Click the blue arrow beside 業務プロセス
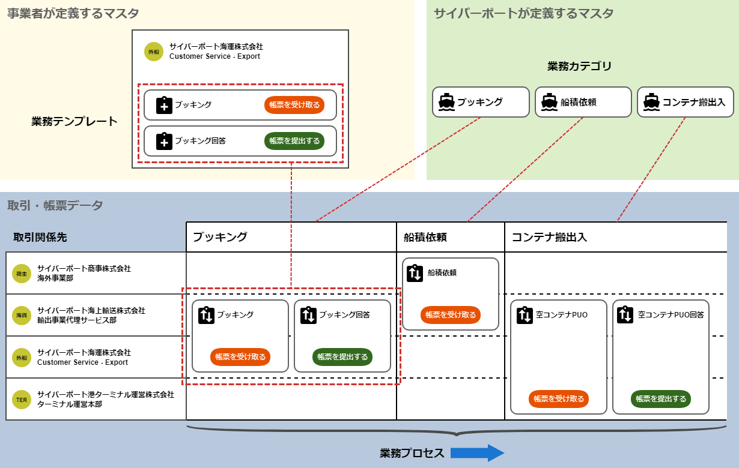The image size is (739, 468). tap(477, 453)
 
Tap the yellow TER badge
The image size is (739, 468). tap(22, 400)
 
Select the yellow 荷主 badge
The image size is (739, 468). tap(22, 274)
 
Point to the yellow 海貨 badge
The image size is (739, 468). tap(22, 316)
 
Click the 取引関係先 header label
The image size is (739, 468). tap(40, 238)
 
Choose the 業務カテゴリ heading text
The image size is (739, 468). tap(579, 66)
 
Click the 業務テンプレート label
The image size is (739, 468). tap(75, 122)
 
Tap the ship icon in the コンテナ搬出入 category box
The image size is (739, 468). tap(651, 102)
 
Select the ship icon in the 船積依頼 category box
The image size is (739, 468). tap(549, 102)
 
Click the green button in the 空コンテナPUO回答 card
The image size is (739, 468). tap(661, 399)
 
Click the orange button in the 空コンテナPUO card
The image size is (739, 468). tap(559, 399)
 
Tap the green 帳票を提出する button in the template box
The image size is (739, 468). tap(294, 141)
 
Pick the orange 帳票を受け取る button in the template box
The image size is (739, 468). tap(294, 105)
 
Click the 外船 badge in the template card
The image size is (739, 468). tap(154, 52)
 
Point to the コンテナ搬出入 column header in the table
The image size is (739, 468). tap(549, 237)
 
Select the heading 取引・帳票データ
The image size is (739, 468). tap(55, 206)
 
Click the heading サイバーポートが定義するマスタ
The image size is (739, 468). tap(523, 13)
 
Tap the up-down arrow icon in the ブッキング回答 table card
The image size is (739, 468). tap(308, 315)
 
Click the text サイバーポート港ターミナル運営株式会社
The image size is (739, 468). tap(106, 395)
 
